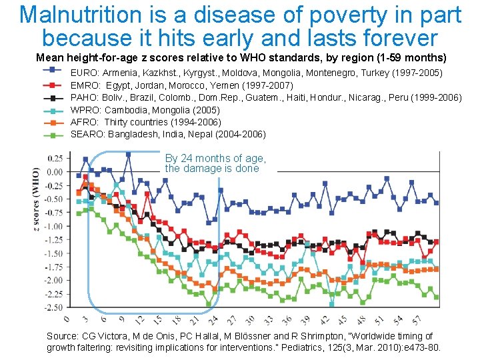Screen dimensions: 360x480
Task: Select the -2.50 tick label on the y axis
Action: coord(54,307)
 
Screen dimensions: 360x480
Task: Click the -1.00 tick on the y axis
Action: coord(54,226)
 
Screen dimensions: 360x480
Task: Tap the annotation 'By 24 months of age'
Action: coord(215,159)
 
